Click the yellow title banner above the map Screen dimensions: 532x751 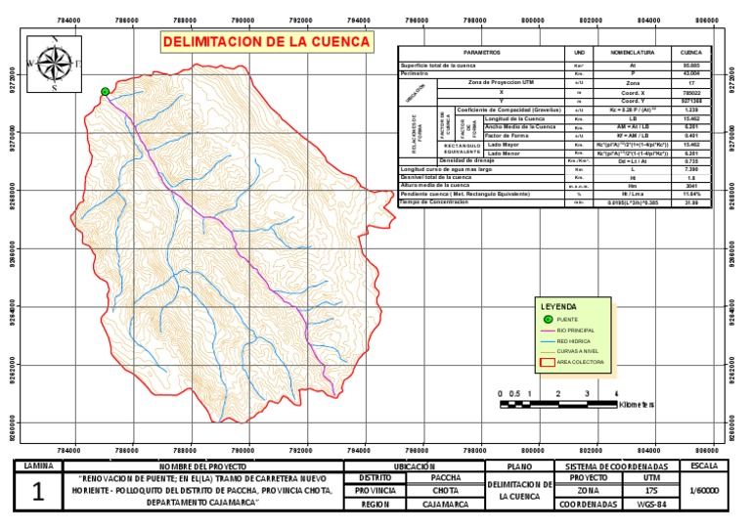(266, 42)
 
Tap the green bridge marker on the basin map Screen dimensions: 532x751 (105, 92)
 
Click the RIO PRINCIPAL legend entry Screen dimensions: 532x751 (575, 331)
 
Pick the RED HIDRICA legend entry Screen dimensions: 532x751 (574, 341)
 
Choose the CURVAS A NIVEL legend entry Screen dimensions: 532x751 (576, 352)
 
